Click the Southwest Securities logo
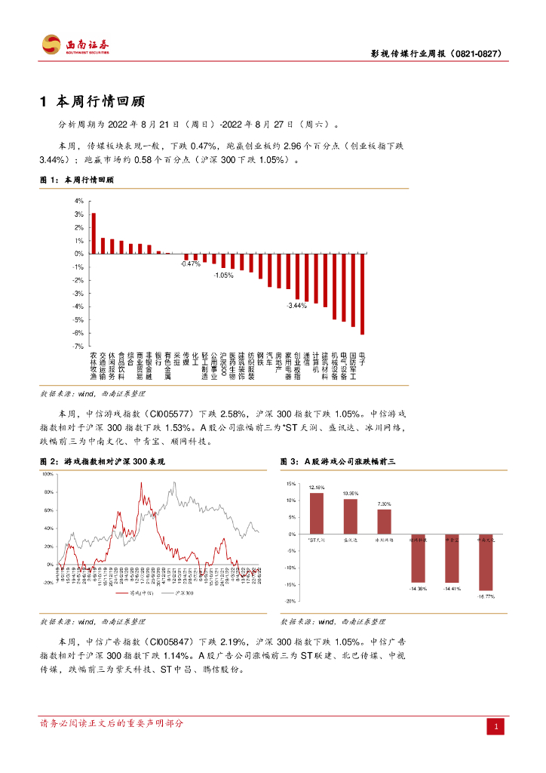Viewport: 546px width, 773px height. pyautogui.click(x=75, y=45)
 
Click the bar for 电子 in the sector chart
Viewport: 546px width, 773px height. pyautogui.click(x=362, y=294)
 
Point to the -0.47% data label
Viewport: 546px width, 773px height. pyautogui.click(x=190, y=264)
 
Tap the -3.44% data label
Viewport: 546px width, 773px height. pyautogui.click(x=296, y=306)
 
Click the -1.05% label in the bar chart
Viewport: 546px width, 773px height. pyautogui.click(x=222, y=276)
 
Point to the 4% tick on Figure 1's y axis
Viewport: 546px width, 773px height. pyautogui.click(x=78, y=202)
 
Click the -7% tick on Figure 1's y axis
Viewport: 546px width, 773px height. pyautogui.click(x=78, y=346)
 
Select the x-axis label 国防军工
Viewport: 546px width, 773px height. pyautogui.click(x=352, y=366)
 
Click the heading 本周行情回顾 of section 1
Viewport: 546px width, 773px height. pyautogui.click(x=101, y=101)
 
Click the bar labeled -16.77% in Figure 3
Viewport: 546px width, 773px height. pyautogui.click(x=486, y=562)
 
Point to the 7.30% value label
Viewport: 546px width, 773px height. pyautogui.click(x=385, y=504)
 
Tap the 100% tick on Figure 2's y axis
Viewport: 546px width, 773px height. pyautogui.click(x=47, y=474)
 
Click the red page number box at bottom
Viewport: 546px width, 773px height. pyautogui.click(x=496, y=726)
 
